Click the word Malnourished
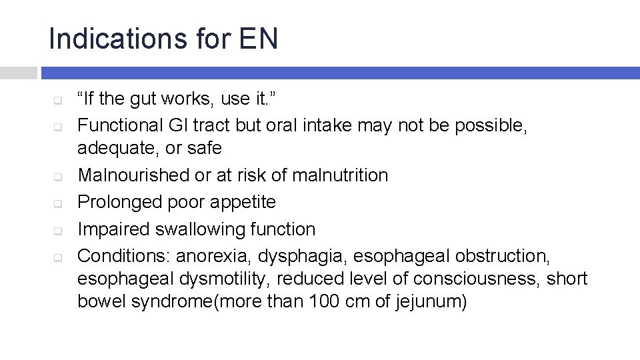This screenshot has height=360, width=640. coord(133,175)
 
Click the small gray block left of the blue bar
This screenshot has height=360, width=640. coord(18,73)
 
